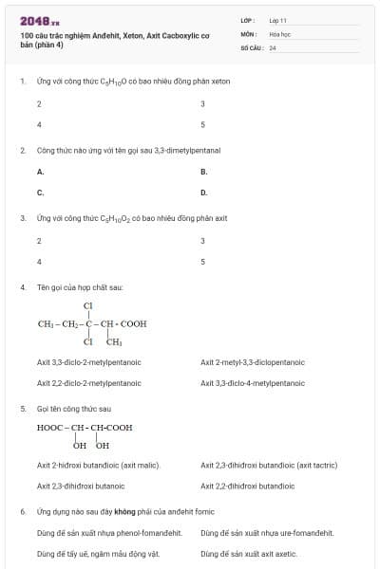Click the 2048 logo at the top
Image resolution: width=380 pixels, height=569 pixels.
coord(39,20)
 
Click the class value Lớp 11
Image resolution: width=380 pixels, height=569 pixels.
coord(277,19)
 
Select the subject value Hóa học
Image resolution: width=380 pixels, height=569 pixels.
coord(280,33)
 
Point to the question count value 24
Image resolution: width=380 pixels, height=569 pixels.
coord(273,47)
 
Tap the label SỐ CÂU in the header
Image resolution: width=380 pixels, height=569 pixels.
coord(251,47)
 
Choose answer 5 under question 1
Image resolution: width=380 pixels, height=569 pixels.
coord(203,124)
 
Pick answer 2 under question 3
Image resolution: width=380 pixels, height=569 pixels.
coord(39,241)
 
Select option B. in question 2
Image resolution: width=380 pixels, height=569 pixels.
coord(203,172)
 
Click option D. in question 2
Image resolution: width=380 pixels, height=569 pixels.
coord(203,193)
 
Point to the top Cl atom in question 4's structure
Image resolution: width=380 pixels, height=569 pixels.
coord(88,305)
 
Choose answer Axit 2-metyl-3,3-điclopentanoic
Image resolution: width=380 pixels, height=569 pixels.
coord(252,362)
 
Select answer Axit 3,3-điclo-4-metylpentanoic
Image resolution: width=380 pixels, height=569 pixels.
coord(252,383)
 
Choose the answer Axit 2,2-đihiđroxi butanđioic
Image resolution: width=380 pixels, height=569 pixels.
coord(247,486)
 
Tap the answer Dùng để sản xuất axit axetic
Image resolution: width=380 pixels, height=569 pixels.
coord(249,553)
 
